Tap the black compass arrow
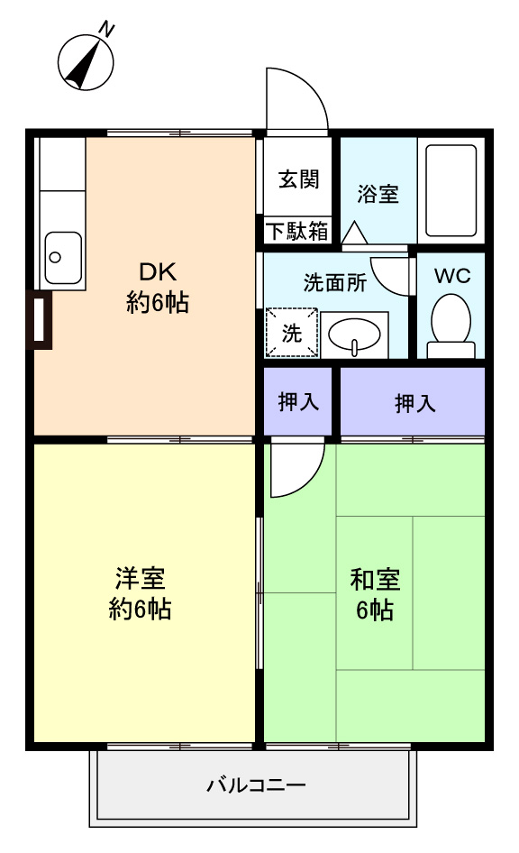83,64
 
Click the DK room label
159,271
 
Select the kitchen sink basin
63,258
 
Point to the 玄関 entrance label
298,179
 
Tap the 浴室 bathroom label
378,194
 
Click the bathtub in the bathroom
451,190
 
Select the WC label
452,276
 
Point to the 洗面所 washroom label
335,283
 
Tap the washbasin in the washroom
354,334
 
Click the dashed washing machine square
291,333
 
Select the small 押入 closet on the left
298,401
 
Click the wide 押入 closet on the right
413,401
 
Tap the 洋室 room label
140,579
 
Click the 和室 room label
375,580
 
